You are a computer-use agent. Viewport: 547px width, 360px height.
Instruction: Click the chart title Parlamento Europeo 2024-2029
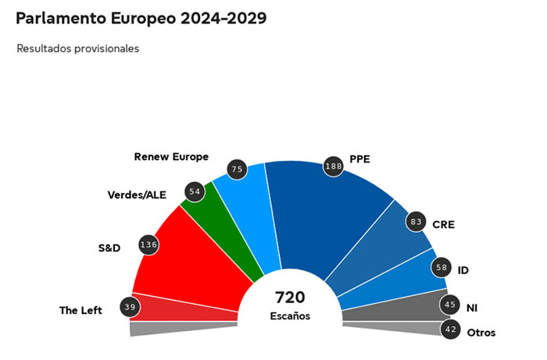141,18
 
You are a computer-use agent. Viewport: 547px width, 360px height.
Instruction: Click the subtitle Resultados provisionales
77,48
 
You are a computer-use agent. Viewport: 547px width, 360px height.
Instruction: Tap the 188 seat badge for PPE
334,165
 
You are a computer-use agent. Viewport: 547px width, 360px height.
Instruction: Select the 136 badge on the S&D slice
148,244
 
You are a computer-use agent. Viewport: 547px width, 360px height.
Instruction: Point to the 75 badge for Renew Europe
237,169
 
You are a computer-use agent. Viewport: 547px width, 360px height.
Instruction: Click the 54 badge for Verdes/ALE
193,191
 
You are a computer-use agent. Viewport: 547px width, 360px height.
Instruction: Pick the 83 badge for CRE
417,223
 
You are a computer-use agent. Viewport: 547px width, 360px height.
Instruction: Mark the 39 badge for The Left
130,307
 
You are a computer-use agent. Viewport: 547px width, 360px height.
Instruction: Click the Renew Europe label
171,156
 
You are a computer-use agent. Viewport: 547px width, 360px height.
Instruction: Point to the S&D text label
109,249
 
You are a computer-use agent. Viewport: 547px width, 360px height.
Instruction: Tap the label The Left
81,310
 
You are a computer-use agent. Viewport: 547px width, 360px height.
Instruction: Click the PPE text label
360,159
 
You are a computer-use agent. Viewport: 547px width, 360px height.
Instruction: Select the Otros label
481,333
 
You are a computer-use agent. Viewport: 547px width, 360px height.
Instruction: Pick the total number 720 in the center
290,298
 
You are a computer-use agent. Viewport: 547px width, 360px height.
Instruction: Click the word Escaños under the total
290,316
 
